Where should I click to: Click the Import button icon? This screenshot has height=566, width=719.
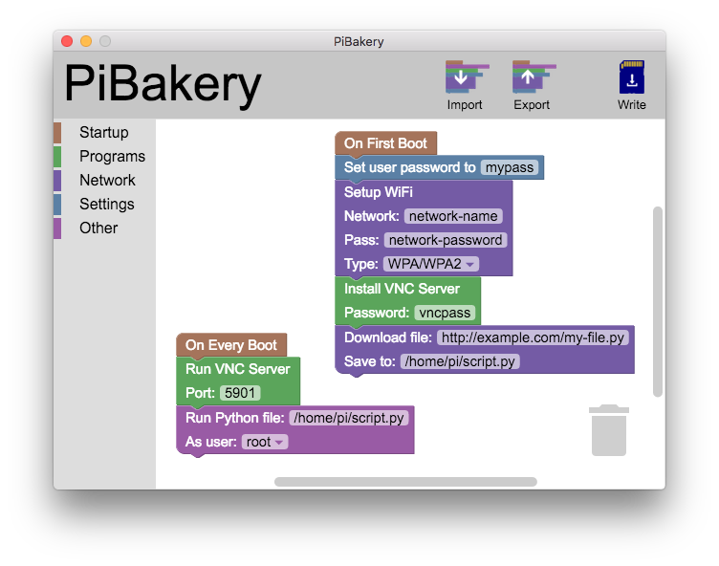coord(465,76)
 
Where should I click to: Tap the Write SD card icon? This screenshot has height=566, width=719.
coord(631,76)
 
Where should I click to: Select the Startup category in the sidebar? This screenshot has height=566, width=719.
coord(103,133)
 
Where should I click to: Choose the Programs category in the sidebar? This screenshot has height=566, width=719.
coord(112,157)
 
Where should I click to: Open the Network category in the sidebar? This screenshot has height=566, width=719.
coord(107,181)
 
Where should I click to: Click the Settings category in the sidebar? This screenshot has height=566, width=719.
coord(106,205)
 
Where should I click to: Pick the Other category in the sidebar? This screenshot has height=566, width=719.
coord(98,229)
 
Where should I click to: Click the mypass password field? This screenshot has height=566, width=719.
coord(510,167)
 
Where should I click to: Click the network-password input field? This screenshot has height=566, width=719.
coord(445,240)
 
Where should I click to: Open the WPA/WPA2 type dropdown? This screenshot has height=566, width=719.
coord(431,264)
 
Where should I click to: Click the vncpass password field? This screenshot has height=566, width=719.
coord(445,313)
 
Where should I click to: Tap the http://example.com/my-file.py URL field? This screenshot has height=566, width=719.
coord(533,337)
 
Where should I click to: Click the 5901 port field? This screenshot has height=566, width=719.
coord(239,393)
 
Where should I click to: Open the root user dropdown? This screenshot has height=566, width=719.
coord(264,442)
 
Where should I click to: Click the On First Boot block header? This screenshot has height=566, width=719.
coord(385,143)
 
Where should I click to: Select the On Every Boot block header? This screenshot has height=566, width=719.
coord(231,345)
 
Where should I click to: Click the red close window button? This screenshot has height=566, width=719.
coord(67,41)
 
